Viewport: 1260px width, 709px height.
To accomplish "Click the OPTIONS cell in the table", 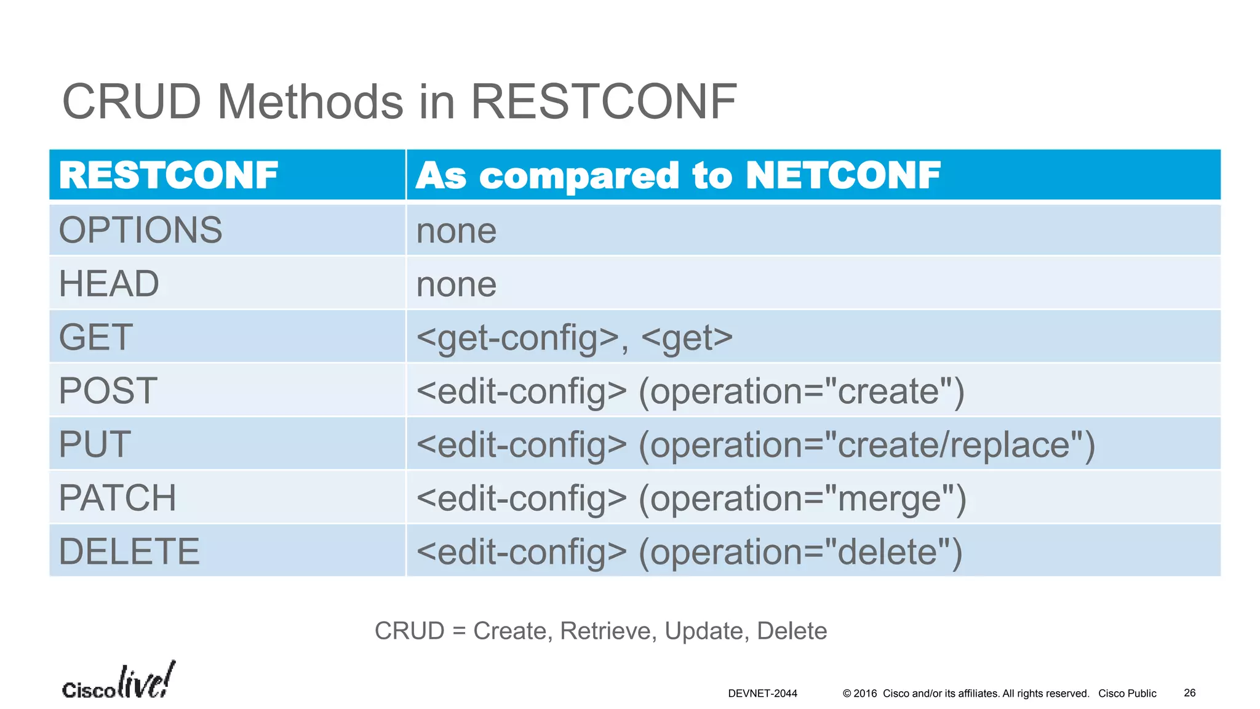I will click(140, 230).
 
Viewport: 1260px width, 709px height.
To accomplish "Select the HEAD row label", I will click(109, 284).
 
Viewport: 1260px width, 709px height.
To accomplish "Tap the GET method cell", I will click(96, 337).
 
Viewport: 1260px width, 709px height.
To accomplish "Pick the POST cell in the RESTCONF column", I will click(108, 391).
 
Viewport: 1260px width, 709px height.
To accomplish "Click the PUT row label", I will click(95, 444).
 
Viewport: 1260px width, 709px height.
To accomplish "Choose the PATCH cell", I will click(118, 498).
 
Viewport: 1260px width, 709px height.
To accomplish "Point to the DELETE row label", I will click(129, 551).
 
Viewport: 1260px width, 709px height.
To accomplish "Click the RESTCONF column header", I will click(169, 175).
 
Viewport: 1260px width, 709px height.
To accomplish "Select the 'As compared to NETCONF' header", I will click(678, 175).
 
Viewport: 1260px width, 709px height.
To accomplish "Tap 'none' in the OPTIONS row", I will click(456, 231).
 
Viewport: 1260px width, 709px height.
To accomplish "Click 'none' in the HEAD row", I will click(456, 285).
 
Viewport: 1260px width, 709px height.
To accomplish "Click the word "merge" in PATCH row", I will click(890, 499).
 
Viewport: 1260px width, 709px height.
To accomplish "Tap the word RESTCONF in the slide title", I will click(603, 102).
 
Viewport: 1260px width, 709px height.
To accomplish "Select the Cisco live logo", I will click(119, 682).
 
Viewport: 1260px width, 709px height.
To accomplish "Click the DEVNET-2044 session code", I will click(762, 694).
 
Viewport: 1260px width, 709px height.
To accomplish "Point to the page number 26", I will click(1189, 693).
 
